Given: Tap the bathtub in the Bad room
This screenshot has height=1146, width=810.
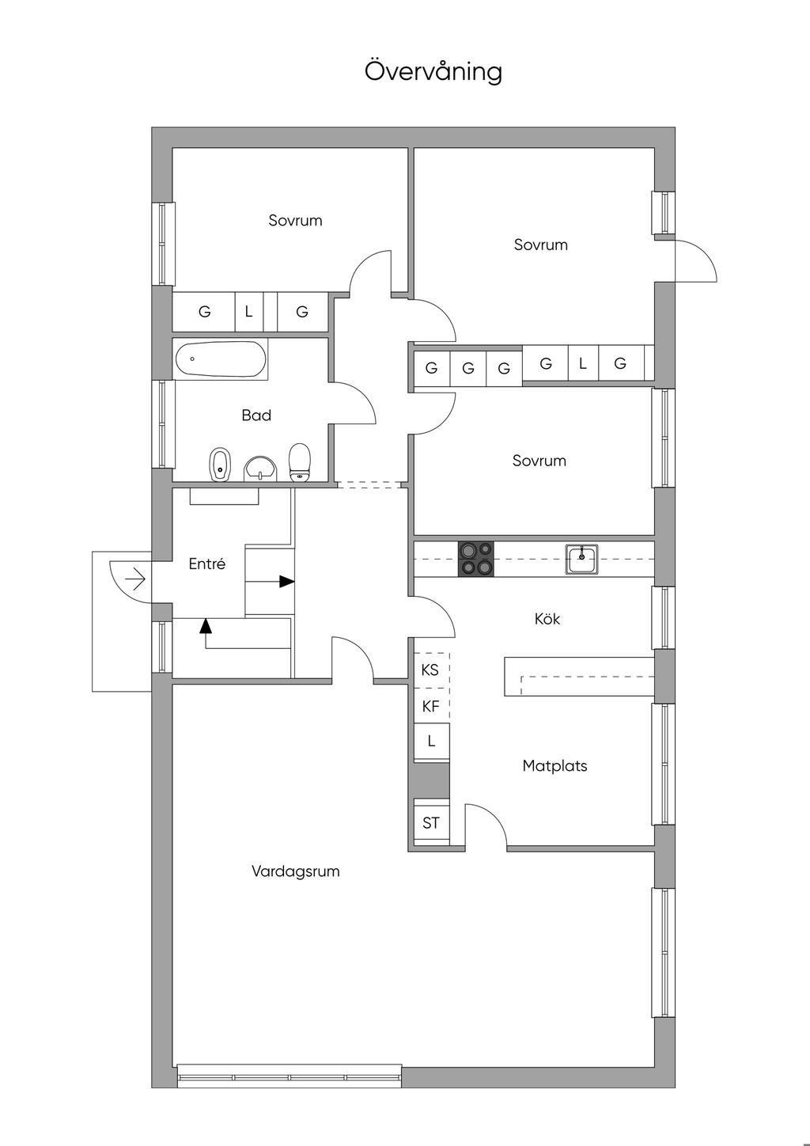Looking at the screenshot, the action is coord(221,359).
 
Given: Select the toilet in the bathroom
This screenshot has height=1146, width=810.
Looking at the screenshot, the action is coord(300,462).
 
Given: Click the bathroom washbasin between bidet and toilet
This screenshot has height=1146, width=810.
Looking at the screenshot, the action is coord(260,469).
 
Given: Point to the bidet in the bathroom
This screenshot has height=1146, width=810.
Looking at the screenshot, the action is coord(220,465).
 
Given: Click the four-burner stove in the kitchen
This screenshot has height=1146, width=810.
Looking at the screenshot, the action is coord(476,560).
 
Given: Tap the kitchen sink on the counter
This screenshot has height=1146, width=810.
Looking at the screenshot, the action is coord(581,560).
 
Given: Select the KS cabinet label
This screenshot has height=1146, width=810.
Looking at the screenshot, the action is coord(430,670).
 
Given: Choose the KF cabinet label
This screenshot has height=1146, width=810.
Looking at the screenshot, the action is coord(430,707).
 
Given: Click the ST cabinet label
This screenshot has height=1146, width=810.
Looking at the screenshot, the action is coord(430,823).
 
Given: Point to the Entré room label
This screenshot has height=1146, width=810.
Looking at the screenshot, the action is coord(207,564).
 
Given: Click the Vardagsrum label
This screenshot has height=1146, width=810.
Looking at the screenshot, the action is coord(296,871).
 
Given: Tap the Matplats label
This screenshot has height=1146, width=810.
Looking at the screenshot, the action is coord(555,766).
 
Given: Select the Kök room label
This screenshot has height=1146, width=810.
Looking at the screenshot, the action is coord(547,619).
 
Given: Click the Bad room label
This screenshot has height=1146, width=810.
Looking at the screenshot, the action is coord(256,415).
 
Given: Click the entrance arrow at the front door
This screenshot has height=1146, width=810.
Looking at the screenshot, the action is coord(136,579).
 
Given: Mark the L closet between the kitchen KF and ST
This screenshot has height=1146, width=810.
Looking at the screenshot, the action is coord(432,742).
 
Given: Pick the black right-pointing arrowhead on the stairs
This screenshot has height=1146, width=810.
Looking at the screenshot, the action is coord(287,582).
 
